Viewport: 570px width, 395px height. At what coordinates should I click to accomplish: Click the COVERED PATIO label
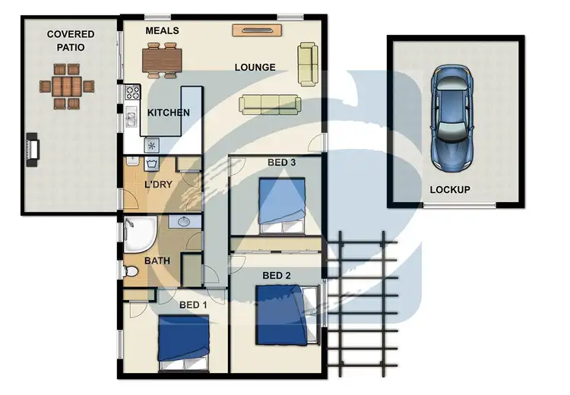[70, 41]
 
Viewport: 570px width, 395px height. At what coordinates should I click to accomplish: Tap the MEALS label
[162, 30]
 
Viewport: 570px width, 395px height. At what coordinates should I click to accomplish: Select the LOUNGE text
[255, 68]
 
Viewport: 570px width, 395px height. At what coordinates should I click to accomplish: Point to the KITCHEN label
[168, 113]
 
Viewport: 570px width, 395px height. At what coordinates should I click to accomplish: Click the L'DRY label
[157, 185]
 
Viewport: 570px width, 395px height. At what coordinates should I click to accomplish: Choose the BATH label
[157, 261]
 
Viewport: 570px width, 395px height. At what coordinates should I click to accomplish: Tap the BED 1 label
[193, 305]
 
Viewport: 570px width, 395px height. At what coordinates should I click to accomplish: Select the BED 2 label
[277, 275]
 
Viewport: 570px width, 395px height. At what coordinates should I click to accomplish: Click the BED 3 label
[282, 163]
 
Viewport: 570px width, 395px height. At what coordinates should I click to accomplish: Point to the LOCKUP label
[450, 190]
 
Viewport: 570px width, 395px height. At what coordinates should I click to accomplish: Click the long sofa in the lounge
[269, 104]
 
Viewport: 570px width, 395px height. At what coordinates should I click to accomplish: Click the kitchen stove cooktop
[132, 93]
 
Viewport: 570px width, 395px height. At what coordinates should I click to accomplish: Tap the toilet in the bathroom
[129, 271]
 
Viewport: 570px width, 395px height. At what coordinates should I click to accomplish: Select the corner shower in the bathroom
[138, 235]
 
